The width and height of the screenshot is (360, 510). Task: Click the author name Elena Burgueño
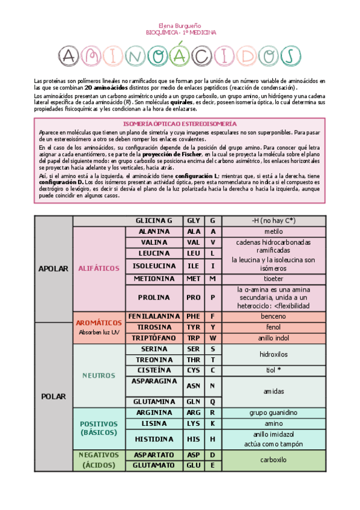click(181, 25)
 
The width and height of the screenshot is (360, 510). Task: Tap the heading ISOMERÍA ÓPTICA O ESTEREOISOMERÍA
click(180, 123)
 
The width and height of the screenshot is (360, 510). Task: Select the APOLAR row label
click(53, 269)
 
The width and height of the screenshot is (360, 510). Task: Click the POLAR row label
click(53, 396)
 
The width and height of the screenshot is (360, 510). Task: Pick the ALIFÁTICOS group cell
click(99, 268)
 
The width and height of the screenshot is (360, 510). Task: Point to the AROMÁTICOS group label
click(99, 322)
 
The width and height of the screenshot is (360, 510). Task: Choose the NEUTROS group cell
click(99, 375)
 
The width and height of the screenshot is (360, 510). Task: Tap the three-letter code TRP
click(194, 338)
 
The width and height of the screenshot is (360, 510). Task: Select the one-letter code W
click(213, 338)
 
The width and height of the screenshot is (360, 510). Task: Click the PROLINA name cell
click(154, 297)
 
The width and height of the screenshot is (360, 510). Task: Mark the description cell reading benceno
click(273, 316)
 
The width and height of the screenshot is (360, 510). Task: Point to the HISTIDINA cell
click(154, 439)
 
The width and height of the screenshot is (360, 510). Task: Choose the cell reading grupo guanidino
click(273, 413)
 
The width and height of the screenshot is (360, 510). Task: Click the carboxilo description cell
click(273, 460)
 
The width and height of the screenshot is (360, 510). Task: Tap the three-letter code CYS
click(194, 370)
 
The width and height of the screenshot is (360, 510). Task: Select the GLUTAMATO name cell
click(154, 465)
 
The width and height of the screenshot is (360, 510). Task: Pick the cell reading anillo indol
click(273, 338)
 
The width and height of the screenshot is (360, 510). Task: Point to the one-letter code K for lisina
click(213, 423)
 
